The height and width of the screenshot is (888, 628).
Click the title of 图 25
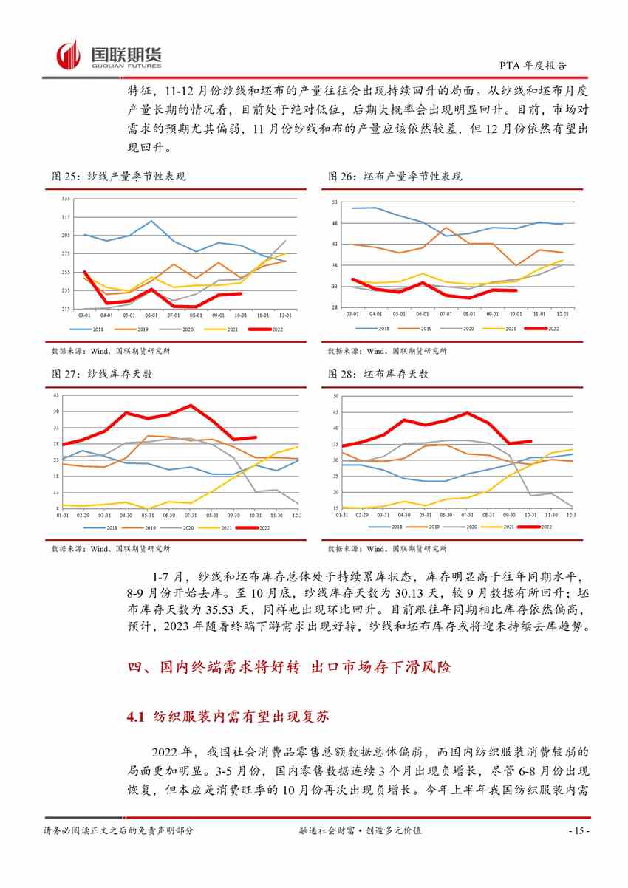point(119,177)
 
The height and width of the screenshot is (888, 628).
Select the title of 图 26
point(395,177)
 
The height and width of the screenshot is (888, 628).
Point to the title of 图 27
point(103,375)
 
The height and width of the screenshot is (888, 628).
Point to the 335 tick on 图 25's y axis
point(66,199)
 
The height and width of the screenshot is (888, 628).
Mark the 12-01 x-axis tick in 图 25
point(284,315)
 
